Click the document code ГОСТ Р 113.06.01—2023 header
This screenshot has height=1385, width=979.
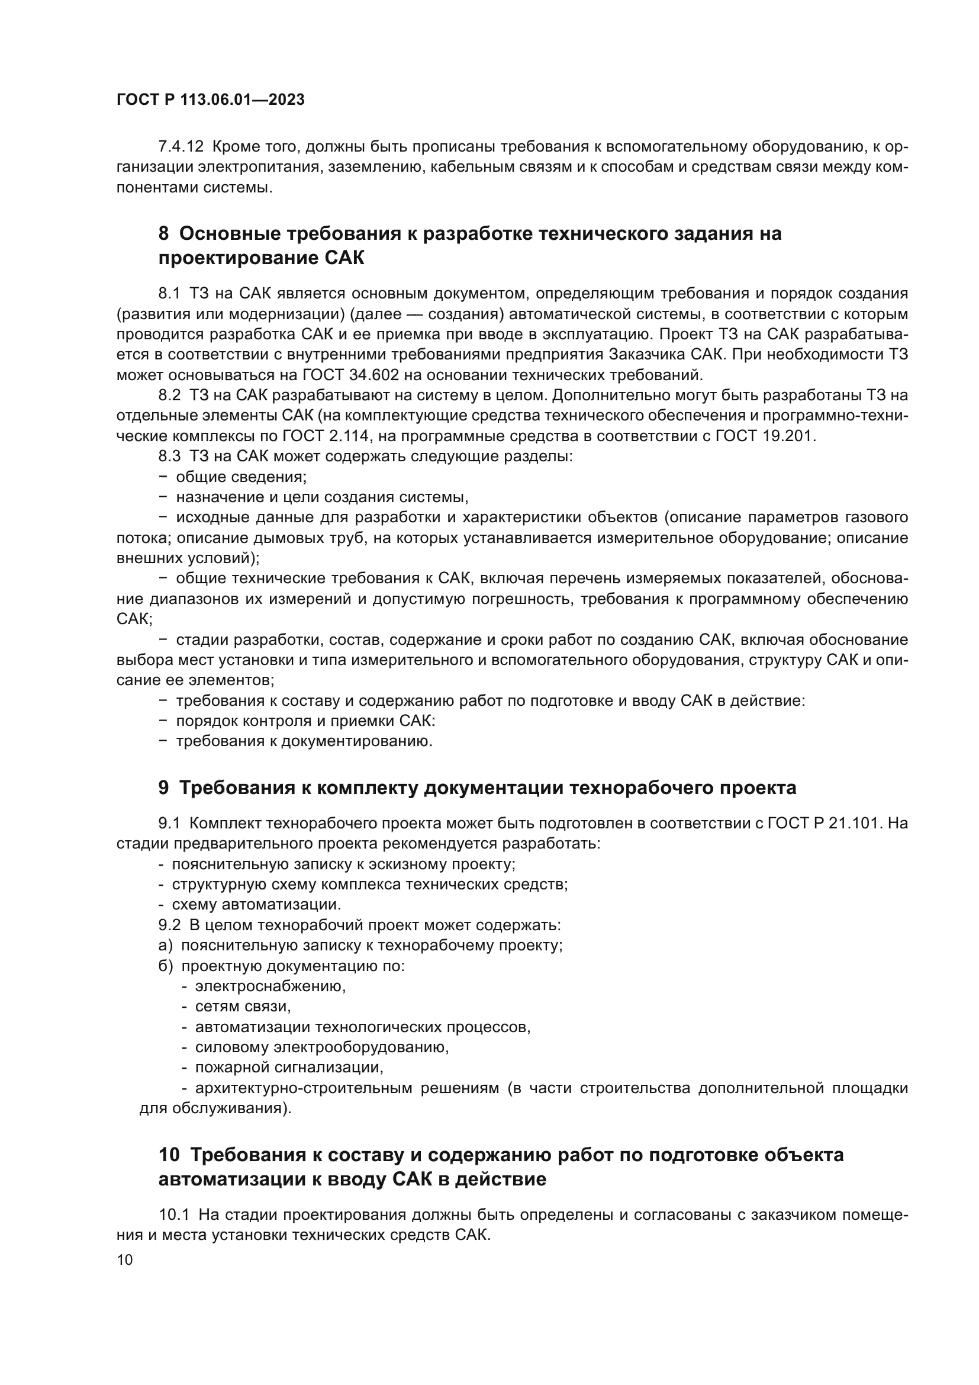point(210,100)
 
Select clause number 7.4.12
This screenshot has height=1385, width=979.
point(181,147)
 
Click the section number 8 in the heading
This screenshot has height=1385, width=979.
point(163,233)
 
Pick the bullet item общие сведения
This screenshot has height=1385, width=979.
point(241,477)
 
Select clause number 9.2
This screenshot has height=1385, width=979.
point(169,925)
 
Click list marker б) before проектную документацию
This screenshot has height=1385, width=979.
point(165,966)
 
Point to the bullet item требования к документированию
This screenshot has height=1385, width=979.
point(304,741)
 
